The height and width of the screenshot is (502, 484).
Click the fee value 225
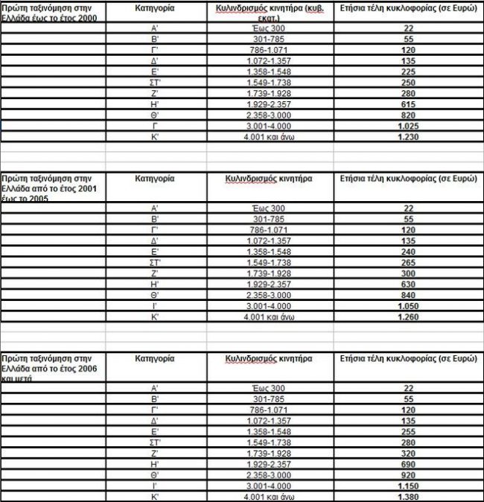[x=408, y=72]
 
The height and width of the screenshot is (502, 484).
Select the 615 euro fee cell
[x=408, y=104]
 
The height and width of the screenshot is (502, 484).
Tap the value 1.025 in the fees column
[x=408, y=126]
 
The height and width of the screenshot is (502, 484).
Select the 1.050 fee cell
[x=408, y=306]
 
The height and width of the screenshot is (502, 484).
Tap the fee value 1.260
[x=408, y=317]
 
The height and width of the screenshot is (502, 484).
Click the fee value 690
[x=408, y=463]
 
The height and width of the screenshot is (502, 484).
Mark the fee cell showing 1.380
[x=408, y=496]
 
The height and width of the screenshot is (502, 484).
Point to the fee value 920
[x=408, y=474]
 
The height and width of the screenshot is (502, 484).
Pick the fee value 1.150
[x=408, y=486]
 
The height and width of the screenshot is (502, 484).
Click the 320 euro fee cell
[x=408, y=453]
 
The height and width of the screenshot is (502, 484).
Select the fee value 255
[x=408, y=430]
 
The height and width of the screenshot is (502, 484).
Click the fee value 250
[x=408, y=83]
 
